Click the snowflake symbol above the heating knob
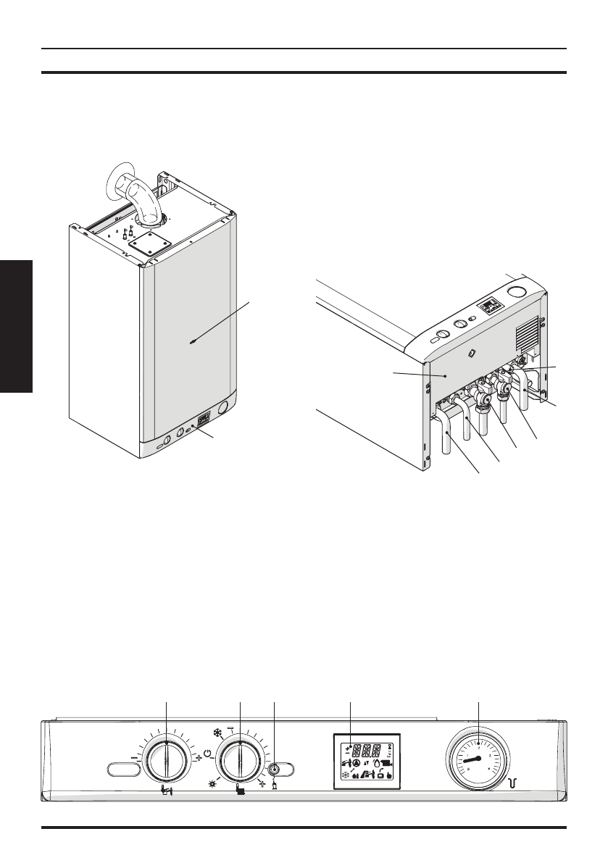pyautogui.click(x=218, y=732)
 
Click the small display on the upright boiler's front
pyautogui.click(x=205, y=418)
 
